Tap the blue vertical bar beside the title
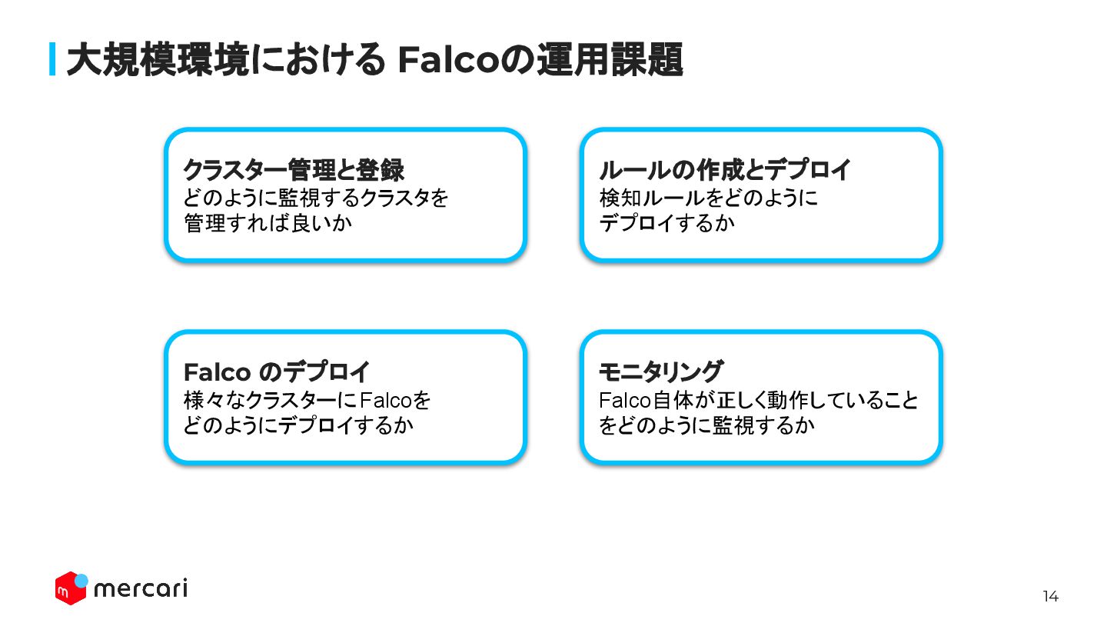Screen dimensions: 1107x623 point(52,59)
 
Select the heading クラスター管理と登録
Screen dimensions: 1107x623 point(294,169)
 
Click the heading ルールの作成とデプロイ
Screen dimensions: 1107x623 point(725,169)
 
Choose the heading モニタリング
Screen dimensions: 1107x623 point(660,372)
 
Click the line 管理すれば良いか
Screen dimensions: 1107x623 point(261,223)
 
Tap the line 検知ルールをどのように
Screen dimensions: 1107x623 point(708,198)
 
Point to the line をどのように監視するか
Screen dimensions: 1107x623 point(706,425)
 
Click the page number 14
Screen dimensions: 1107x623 point(1050,596)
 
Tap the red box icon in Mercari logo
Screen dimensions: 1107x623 point(69,589)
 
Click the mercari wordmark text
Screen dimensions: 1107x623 point(140,589)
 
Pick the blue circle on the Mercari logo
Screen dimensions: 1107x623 point(81,580)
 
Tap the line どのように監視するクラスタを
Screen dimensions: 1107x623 point(316,198)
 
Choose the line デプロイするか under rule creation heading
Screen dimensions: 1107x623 point(667,223)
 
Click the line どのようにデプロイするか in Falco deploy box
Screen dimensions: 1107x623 point(298,425)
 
